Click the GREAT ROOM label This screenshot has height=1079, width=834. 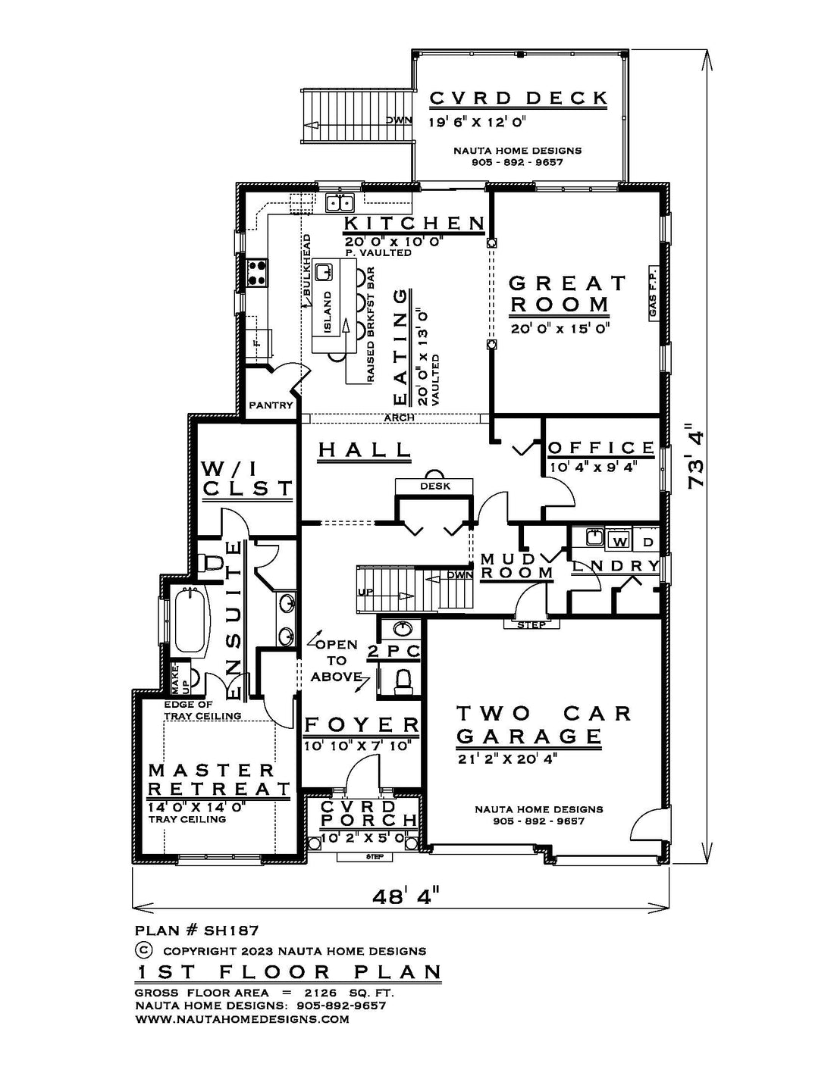click(560, 294)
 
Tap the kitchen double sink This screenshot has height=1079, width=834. click(339, 202)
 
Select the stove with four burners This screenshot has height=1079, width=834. click(257, 273)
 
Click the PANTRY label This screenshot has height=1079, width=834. click(271, 405)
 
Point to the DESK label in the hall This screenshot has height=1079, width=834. click(435, 486)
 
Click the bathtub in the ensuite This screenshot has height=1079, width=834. click(191, 621)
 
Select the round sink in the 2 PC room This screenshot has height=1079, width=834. click(403, 629)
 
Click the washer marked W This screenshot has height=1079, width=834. click(619, 542)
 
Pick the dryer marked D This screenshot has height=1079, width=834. click(647, 542)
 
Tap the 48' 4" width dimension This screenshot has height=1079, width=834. click(406, 896)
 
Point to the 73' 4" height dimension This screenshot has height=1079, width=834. click(697, 455)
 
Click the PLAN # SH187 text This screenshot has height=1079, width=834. click(196, 930)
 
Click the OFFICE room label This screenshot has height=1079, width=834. click(601, 448)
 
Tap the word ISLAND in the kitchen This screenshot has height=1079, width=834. click(328, 312)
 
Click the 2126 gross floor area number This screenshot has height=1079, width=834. click(320, 993)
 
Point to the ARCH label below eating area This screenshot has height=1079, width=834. click(399, 418)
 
